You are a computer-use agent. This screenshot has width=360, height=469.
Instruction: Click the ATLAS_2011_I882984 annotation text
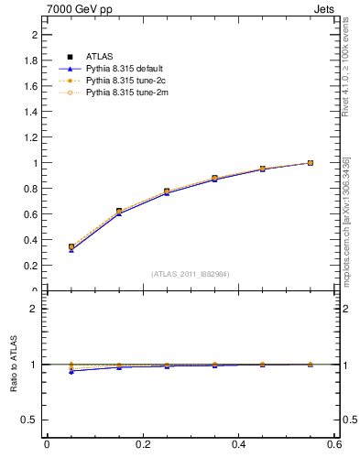point(191,274)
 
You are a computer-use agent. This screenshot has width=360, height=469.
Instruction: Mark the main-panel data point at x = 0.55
point(311,163)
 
